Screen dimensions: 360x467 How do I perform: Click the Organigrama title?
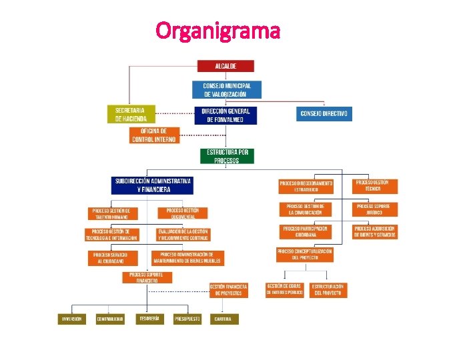click(217, 30)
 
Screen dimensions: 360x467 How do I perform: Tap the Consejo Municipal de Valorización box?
click(227, 90)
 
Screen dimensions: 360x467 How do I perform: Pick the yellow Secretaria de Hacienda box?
click(131, 114)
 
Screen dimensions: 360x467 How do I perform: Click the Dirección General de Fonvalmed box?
click(225, 115)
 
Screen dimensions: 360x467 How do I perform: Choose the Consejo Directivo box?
click(324, 114)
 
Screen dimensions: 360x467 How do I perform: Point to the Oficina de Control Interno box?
click(154, 135)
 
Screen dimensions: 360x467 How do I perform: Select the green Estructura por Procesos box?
click(227, 156)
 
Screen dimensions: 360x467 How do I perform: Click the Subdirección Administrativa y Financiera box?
click(153, 185)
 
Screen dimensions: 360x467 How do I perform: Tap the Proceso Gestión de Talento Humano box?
click(115, 213)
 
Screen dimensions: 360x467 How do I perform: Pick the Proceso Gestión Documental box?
click(182, 213)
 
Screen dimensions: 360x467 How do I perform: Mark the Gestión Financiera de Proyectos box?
click(229, 290)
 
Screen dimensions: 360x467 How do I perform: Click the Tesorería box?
click(149, 319)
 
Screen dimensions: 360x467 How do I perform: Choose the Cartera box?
click(223, 319)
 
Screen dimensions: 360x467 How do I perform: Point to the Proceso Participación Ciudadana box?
click(305, 231)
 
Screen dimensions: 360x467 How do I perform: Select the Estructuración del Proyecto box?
click(328, 290)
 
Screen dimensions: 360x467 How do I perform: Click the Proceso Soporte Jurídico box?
click(374, 209)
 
